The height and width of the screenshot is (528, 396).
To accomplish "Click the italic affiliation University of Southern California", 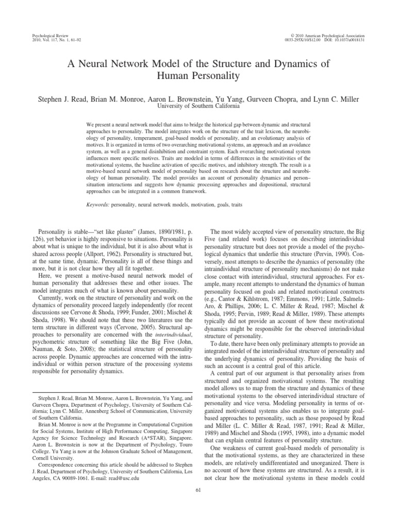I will [198, 106].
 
